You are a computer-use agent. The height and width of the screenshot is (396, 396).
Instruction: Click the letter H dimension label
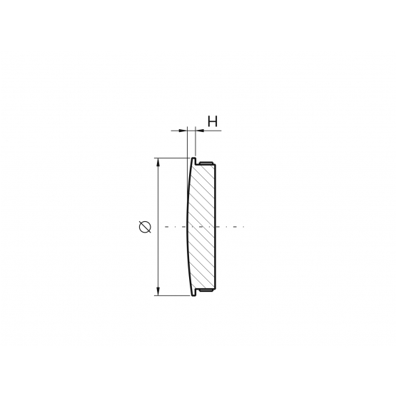[213, 121]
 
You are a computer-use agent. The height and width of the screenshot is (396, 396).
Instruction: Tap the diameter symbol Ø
[145, 226]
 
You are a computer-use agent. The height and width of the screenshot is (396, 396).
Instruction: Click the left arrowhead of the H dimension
[183, 131]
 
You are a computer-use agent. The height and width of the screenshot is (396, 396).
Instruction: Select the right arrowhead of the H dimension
[200, 131]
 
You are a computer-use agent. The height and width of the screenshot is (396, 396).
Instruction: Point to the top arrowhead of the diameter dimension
[158, 163]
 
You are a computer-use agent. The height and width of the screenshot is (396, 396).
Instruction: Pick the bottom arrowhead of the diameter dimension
[158, 291]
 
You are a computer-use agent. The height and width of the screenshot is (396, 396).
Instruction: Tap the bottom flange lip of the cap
[193, 293]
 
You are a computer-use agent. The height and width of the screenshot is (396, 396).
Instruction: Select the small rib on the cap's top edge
[206, 163]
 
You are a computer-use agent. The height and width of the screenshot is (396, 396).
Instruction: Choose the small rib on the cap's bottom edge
[206, 290]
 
